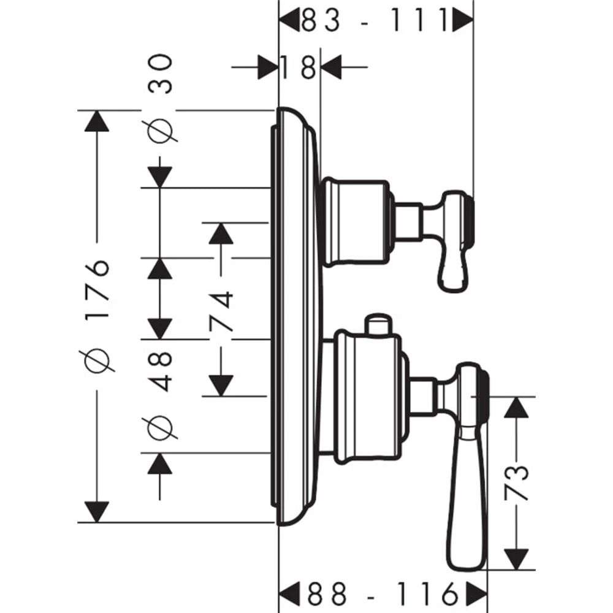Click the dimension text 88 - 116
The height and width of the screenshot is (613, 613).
383,593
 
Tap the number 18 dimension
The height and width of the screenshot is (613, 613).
300,67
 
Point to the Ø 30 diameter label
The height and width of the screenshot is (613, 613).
161,98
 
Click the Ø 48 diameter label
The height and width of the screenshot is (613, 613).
161,398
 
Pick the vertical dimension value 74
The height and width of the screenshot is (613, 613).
222,311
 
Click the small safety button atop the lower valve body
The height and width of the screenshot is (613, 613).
376,324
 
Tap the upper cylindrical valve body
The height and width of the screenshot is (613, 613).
354,223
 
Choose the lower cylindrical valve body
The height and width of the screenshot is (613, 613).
368,395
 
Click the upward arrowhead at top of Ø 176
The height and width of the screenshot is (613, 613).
96,121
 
